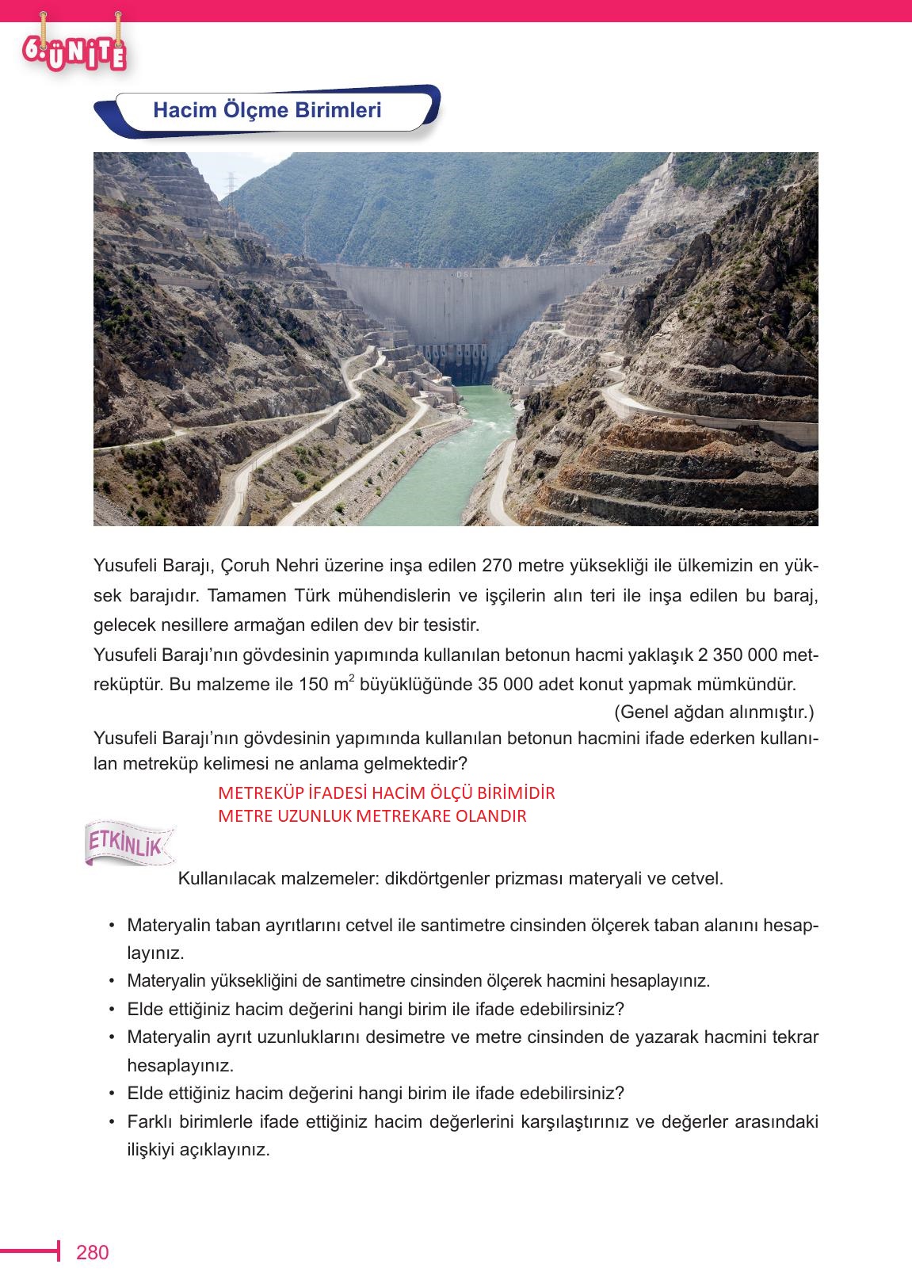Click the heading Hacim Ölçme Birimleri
coord(267,110)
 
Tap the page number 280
coord(92,1252)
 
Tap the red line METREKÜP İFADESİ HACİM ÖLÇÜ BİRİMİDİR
coord(386,793)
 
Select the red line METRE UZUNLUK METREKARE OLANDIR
coord(372,816)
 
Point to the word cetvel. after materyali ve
coord(697,879)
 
